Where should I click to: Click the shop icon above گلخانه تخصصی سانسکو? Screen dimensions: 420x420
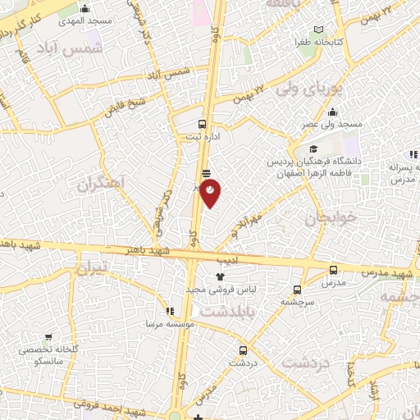coord(49,336)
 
